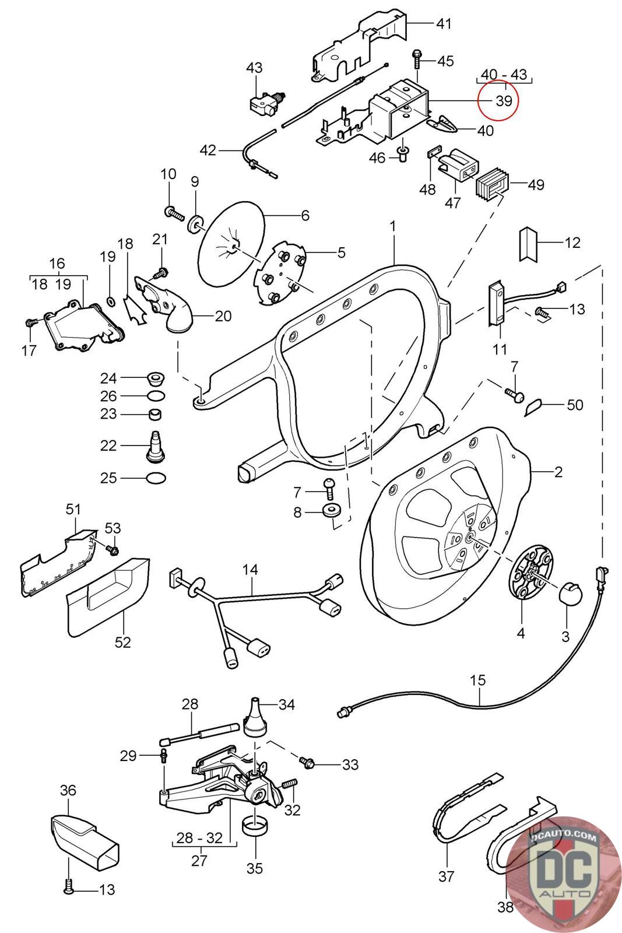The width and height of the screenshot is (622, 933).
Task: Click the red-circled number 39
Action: pyautogui.click(x=503, y=101)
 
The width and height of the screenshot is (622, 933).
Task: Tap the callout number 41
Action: pyautogui.click(x=444, y=24)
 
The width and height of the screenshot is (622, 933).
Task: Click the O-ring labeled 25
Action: pyautogui.click(x=157, y=478)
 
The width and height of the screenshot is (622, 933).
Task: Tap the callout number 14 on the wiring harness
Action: pyautogui.click(x=250, y=570)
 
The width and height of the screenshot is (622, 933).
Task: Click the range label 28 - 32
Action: pyautogui.click(x=200, y=838)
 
